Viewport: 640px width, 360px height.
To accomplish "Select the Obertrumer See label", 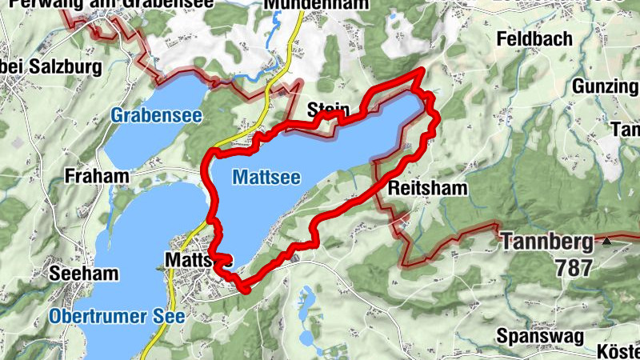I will [117, 317].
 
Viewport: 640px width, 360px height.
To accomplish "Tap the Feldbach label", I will [534, 38].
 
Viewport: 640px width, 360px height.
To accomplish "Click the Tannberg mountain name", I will [547, 241].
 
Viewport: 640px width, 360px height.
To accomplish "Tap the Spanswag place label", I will [535, 334].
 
